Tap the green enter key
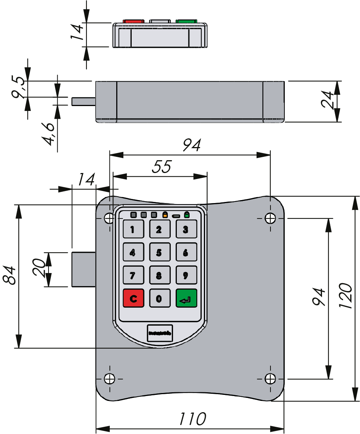point(186,299)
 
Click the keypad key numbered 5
point(159,252)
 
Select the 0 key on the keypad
point(159,299)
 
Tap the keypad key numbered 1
point(133,229)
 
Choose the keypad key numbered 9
point(186,275)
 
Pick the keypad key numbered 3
point(186,229)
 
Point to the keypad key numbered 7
point(133,275)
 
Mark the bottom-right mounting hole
point(270,378)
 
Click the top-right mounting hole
point(270,218)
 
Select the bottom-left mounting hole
point(109,378)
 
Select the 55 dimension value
point(161,167)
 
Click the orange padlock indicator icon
point(165,215)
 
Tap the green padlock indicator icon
point(187,215)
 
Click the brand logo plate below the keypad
point(160,333)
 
